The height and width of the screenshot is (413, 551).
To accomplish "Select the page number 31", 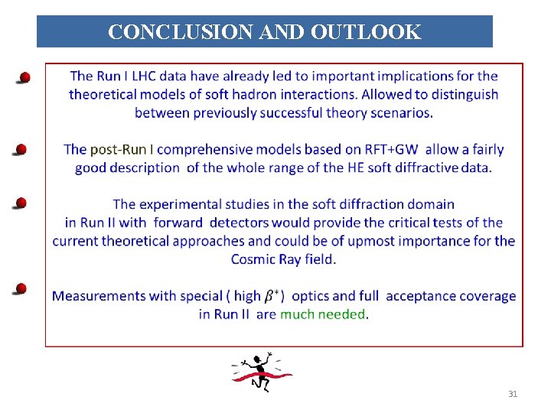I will (x=513, y=394).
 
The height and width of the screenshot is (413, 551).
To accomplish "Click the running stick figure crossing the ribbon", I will (x=262, y=372).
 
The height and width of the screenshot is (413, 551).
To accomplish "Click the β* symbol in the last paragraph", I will (x=272, y=296).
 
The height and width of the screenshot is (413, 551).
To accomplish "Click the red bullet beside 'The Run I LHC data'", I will (x=24, y=77).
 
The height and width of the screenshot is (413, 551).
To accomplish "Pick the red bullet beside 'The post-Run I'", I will (x=21, y=149).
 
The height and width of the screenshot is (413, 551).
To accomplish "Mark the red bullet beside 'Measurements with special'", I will (x=21, y=288).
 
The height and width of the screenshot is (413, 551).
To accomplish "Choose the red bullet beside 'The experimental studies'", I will (x=21, y=203).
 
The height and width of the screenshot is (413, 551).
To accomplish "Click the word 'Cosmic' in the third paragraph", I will (x=254, y=259).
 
